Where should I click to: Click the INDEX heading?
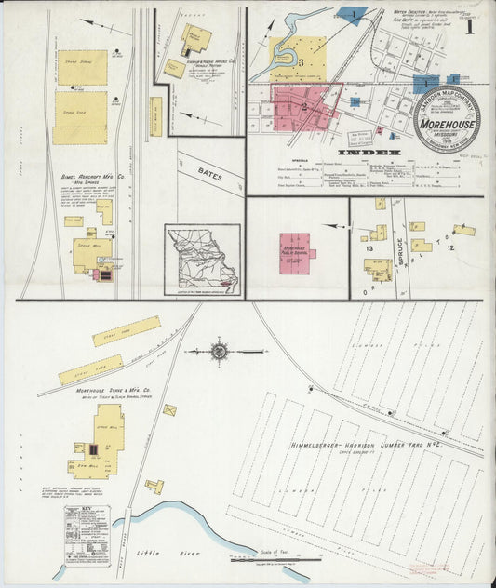369,152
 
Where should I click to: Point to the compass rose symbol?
220,352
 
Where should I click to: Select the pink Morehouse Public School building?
297,252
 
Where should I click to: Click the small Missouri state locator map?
202,258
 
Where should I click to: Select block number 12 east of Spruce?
450,249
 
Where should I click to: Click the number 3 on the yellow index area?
301,62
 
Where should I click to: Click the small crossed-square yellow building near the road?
169,409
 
